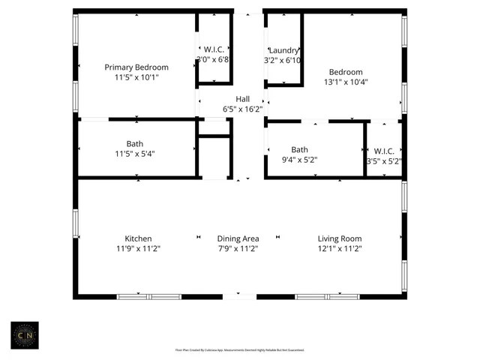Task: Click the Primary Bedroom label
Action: (x=136, y=67)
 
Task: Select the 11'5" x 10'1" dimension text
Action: (x=136, y=77)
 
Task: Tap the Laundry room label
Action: (x=284, y=49)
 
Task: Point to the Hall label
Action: (x=243, y=99)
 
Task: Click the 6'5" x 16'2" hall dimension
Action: (x=243, y=109)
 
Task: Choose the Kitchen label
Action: (x=138, y=238)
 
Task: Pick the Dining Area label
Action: (x=238, y=238)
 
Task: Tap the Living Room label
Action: (x=340, y=238)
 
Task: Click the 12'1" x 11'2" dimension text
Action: (x=340, y=249)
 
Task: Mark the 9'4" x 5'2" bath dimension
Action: (x=300, y=160)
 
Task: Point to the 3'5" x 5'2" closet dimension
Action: (x=384, y=160)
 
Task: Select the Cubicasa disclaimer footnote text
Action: (x=240, y=349)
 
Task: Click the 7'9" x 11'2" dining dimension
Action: (x=238, y=249)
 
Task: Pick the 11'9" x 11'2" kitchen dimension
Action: (x=138, y=249)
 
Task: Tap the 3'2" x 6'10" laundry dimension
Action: (x=283, y=60)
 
